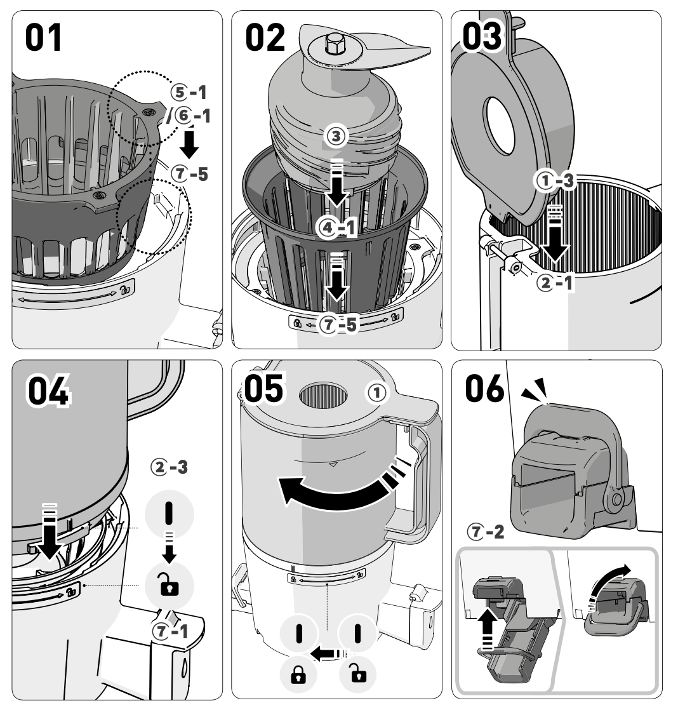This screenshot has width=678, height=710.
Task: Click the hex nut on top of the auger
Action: [333, 44]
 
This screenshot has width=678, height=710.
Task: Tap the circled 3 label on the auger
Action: [336, 135]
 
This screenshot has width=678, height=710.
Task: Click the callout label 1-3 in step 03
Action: [554, 182]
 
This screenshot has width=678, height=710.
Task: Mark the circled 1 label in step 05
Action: [378, 394]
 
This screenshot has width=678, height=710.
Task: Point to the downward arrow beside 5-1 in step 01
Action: [189, 144]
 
